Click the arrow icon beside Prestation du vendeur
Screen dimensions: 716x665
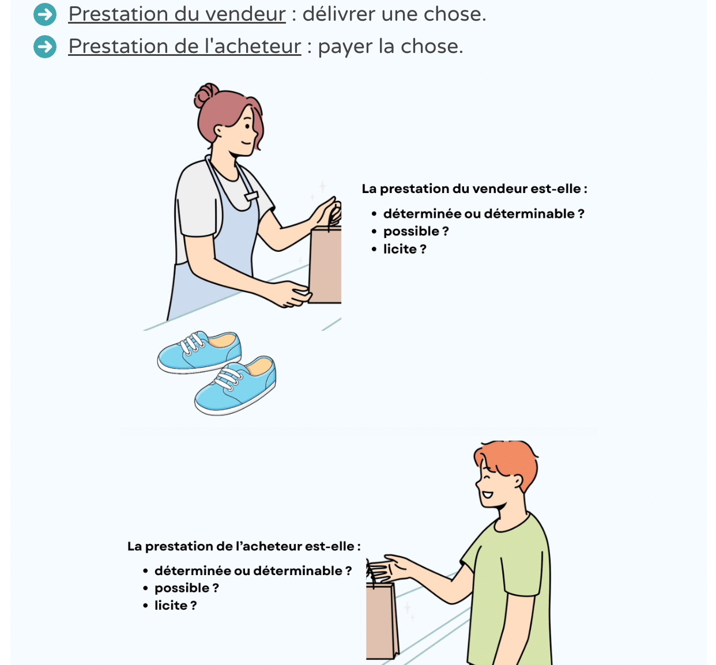pyautogui.click(x=45, y=14)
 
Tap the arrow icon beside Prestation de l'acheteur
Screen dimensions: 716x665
pyautogui.click(x=45, y=47)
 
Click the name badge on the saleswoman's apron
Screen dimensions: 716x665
pyautogui.click(x=251, y=197)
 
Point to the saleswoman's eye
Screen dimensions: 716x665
pyautogui.click(x=248, y=126)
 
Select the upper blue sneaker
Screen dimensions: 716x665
pyautogui.click(x=199, y=352)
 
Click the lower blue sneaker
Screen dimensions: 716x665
pyautogui.click(x=235, y=386)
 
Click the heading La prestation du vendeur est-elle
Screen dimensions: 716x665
pyautogui.click(x=474, y=188)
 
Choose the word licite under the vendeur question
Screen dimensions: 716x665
pyautogui.click(x=400, y=249)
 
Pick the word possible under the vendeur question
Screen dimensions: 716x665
pyautogui.click(x=412, y=232)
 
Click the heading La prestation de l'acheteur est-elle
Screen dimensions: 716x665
pyautogui.click(x=244, y=546)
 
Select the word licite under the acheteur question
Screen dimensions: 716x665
pyautogui.click(x=171, y=605)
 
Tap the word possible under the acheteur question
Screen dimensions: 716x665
pyautogui.click(x=182, y=588)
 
